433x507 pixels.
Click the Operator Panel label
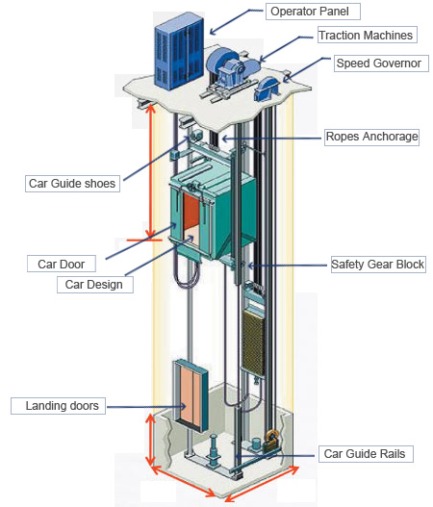tap(313, 12)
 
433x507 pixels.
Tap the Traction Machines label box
tap(367, 35)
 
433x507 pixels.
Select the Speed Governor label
tap(381, 63)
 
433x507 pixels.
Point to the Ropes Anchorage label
tap(371, 137)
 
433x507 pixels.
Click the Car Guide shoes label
tap(72, 184)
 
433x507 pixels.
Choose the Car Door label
tap(62, 264)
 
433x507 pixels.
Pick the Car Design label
tap(94, 285)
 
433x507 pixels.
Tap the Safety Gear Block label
tap(378, 265)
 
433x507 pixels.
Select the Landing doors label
tap(58, 406)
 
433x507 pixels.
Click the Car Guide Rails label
tap(366, 454)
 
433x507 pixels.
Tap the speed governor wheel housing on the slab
tap(267, 89)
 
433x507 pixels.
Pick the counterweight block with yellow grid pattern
tap(253, 342)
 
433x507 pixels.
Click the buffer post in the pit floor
tap(214, 450)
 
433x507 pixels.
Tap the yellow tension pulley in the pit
tap(272, 439)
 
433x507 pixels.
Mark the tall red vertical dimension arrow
tap(151, 171)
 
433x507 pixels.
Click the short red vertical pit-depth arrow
tap(150, 440)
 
